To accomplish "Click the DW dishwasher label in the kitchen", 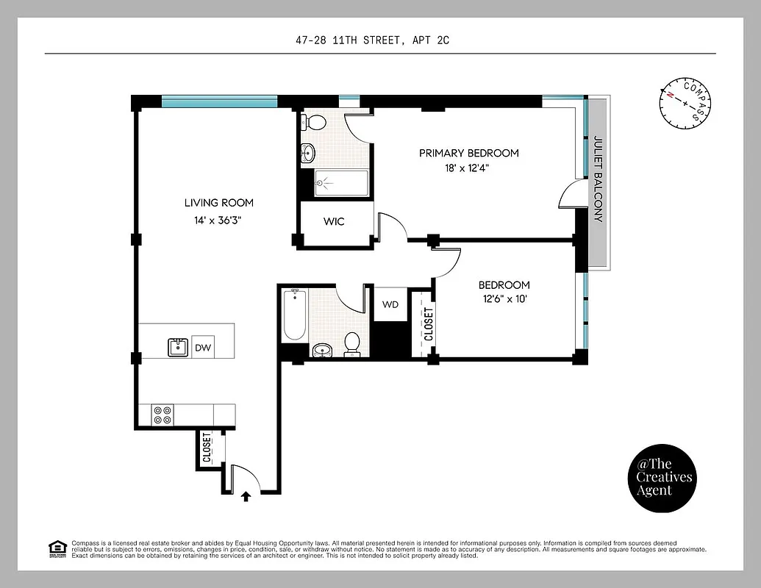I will click(202, 348).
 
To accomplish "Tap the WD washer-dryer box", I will click(390, 304).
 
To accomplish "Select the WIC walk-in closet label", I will click(334, 221).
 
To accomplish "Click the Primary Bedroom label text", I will click(468, 153).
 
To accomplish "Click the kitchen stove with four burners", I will click(162, 415).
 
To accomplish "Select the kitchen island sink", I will click(177, 347).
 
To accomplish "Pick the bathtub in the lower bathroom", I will click(295, 315).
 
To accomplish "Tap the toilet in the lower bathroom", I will click(353, 343).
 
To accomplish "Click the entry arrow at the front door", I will click(246, 497).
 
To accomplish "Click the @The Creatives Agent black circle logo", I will click(664, 477).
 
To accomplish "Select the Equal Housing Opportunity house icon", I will click(56, 548).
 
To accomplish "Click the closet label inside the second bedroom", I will click(429, 324).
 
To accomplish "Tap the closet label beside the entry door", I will click(206, 448).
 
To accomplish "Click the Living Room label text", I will click(218, 203).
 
